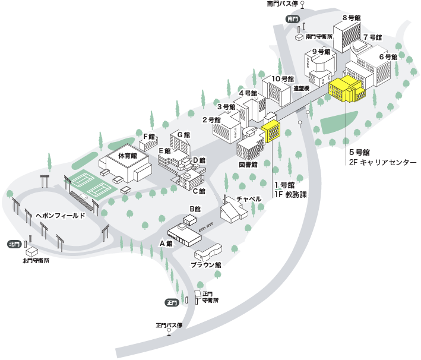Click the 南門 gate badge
pyautogui.click(x=292, y=19)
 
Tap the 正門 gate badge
pyautogui.click(x=172, y=302)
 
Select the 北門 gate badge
pyautogui.click(x=14, y=244)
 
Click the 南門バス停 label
pyautogui.click(x=282, y=4)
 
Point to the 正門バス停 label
pyautogui.click(x=169, y=325)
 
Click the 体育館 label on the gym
pyautogui.click(x=128, y=156)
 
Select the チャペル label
pyautogui.click(x=249, y=198)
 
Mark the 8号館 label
pyautogui.click(x=352, y=18)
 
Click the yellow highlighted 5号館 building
pyautogui.click(x=347, y=89)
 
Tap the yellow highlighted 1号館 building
pyautogui.click(x=271, y=131)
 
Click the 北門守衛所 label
pyautogui.click(x=36, y=260)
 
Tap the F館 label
pyautogui.click(x=148, y=137)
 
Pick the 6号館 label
pyautogui.click(x=388, y=57)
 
